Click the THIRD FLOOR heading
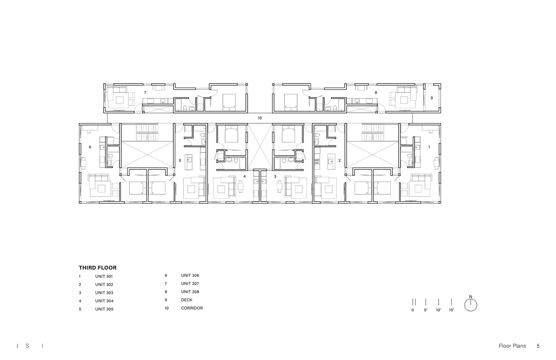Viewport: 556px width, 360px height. coord(98,267)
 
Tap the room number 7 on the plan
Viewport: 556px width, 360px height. coord(145,93)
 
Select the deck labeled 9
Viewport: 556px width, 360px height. coord(431,98)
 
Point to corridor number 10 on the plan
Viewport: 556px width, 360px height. coord(259,118)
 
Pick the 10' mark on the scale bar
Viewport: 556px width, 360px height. coord(439,310)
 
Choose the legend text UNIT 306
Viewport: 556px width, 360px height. coord(190,275)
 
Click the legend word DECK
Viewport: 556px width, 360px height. coord(187,300)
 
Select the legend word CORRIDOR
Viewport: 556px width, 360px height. coord(192,308)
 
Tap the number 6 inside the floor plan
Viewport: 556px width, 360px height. coord(90,147)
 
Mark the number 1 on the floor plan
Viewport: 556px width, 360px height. coord(429,147)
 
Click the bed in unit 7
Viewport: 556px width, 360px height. coord(229,102)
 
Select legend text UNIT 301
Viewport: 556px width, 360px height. coord(104,276)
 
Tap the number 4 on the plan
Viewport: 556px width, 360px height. coord(244,176)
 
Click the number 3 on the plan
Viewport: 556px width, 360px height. coord(275,176)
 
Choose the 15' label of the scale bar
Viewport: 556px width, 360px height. coord(451,310)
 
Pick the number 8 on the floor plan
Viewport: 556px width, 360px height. coord(376,93)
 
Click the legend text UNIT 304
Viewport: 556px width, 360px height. coord(104,301)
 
